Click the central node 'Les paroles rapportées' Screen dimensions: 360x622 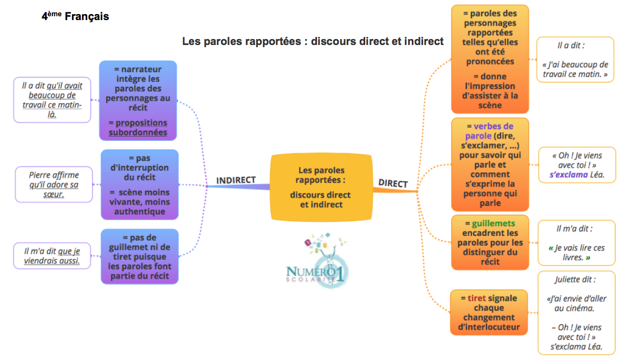(321, 187)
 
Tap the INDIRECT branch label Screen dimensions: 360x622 (236, 180)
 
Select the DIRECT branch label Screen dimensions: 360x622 (393, 183)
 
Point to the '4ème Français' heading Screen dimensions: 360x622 (75, 17)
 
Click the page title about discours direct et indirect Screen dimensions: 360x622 (313, 41)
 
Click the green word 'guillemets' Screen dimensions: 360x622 (493, 223)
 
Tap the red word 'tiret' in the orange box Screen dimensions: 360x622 (477, 298)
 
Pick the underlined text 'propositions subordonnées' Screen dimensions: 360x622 (138, 127)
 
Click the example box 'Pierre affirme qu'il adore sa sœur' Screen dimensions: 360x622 (54, 184)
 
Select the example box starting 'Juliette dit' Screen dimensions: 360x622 (576, 313)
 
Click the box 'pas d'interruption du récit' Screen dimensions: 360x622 (139, 184)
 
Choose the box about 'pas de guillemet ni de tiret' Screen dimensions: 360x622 (139, 256)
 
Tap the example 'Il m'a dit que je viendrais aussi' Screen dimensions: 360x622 (52, 255)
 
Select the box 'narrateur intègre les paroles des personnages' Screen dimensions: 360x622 (138, 100)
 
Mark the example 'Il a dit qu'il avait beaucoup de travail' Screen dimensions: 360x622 (52, 100)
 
